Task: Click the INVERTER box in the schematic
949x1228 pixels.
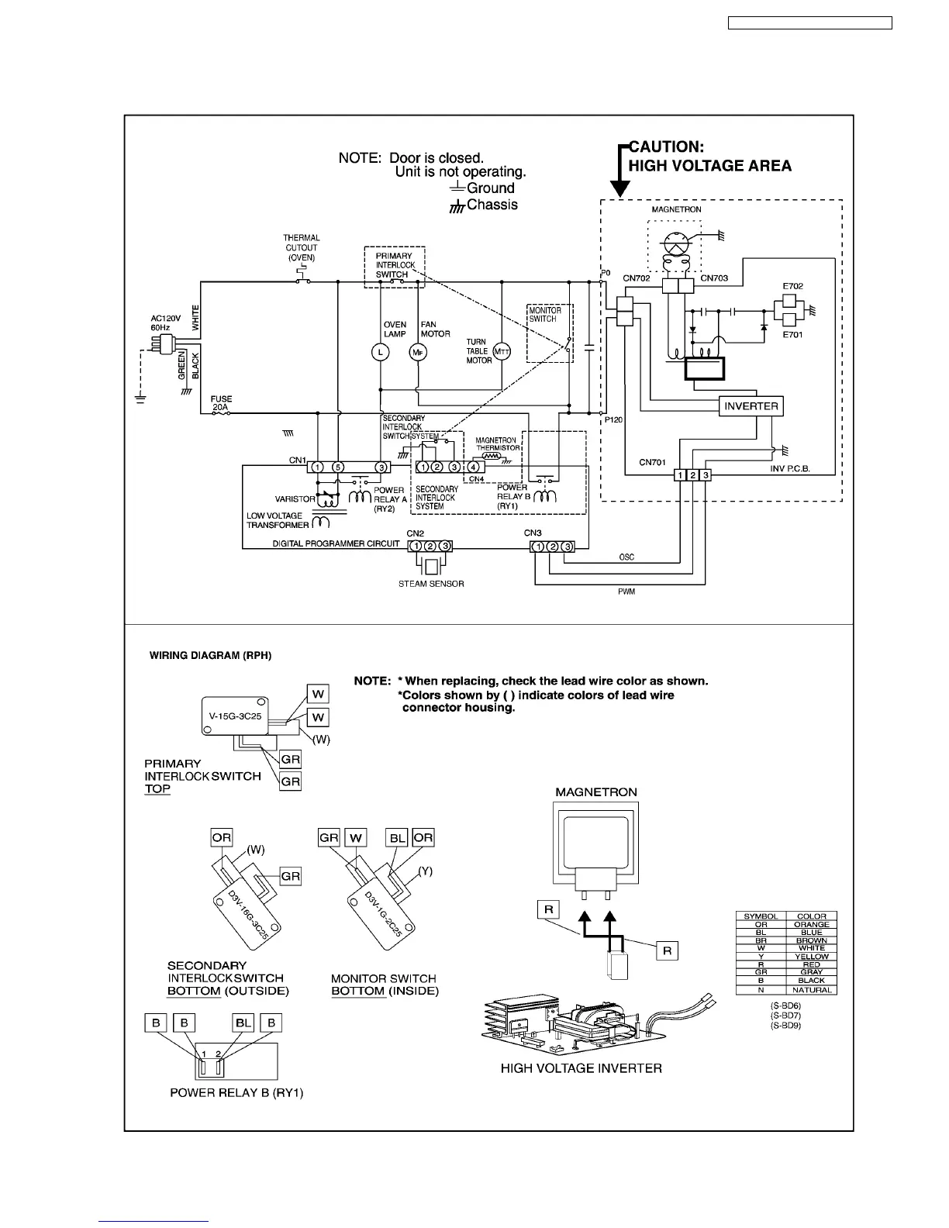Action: coord(751,406)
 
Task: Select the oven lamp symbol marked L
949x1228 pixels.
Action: coord(380,352)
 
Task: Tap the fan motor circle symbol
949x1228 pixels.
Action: coord(418,352)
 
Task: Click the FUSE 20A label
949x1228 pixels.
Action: coord(221,403)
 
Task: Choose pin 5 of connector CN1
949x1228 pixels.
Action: coord(338,467)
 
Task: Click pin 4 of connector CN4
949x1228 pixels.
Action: coord(473,467)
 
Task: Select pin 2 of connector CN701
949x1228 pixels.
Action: coord(692,475)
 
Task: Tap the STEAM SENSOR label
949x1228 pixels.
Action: coord(431,584)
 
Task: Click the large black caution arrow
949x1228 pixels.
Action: coord(620,174)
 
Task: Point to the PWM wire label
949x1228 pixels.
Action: coord(626,592)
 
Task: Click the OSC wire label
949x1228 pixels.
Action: coord(626,557)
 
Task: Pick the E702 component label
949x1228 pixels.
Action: coord(792,286)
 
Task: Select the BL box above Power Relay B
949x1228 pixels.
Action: coord(243,1023)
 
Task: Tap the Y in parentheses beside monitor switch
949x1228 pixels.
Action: coord(425,871)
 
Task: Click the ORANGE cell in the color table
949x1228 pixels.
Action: coord(811,924)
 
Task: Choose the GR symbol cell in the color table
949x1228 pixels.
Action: coord(761,972)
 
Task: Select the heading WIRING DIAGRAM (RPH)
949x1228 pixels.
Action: coord(210,655)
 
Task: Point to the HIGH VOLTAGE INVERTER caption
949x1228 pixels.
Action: coord(581,1068)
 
